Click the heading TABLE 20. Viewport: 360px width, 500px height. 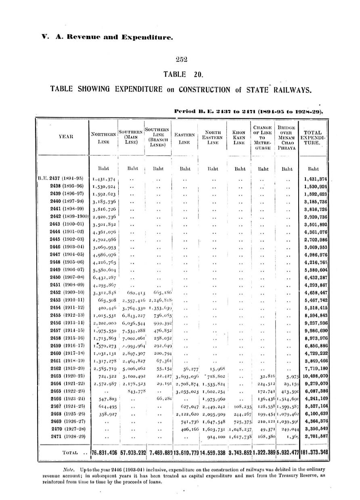180,74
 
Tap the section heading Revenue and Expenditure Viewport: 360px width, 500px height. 114,38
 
